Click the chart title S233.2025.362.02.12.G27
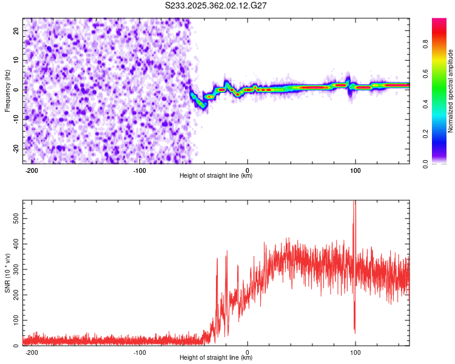pos(217,5)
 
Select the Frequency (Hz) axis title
pos(7,91)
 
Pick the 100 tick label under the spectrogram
pos(356,169)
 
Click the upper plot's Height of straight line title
pos(217,176)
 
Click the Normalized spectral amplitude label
pos(451,91)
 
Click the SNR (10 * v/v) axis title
pos(7,273)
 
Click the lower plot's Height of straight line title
pos(217,358)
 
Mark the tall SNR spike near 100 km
pos(355,209)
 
